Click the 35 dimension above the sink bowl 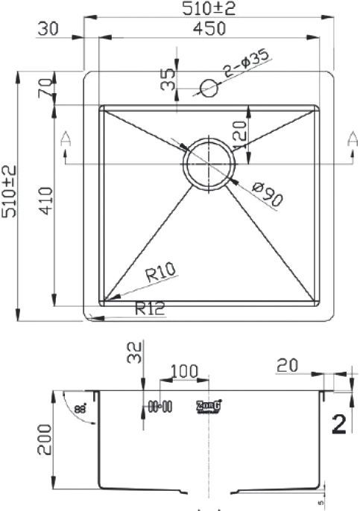click(x=168, y=78)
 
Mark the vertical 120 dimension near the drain click(x=240, y=134)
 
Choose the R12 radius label click(x=150, y=308)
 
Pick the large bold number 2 click(x=339, y=424)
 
